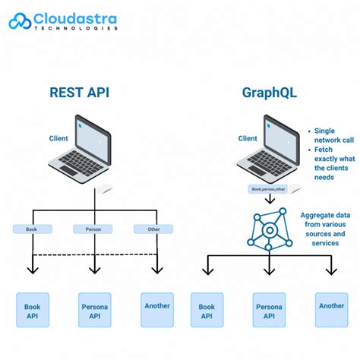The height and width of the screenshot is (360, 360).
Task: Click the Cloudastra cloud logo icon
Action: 21,21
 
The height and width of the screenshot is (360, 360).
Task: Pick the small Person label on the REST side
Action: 93,228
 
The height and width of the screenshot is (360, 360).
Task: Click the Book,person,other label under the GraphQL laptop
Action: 268,189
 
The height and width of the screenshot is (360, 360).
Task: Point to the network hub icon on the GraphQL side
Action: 268,229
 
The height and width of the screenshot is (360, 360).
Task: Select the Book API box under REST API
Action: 33,311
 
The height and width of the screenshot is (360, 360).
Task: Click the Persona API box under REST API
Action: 95,311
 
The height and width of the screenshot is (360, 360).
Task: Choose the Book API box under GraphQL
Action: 207,311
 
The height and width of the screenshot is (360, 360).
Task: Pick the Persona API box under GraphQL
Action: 269,311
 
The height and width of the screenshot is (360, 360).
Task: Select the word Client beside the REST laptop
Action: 58,138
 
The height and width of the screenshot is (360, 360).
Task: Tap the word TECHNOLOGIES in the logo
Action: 77,27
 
